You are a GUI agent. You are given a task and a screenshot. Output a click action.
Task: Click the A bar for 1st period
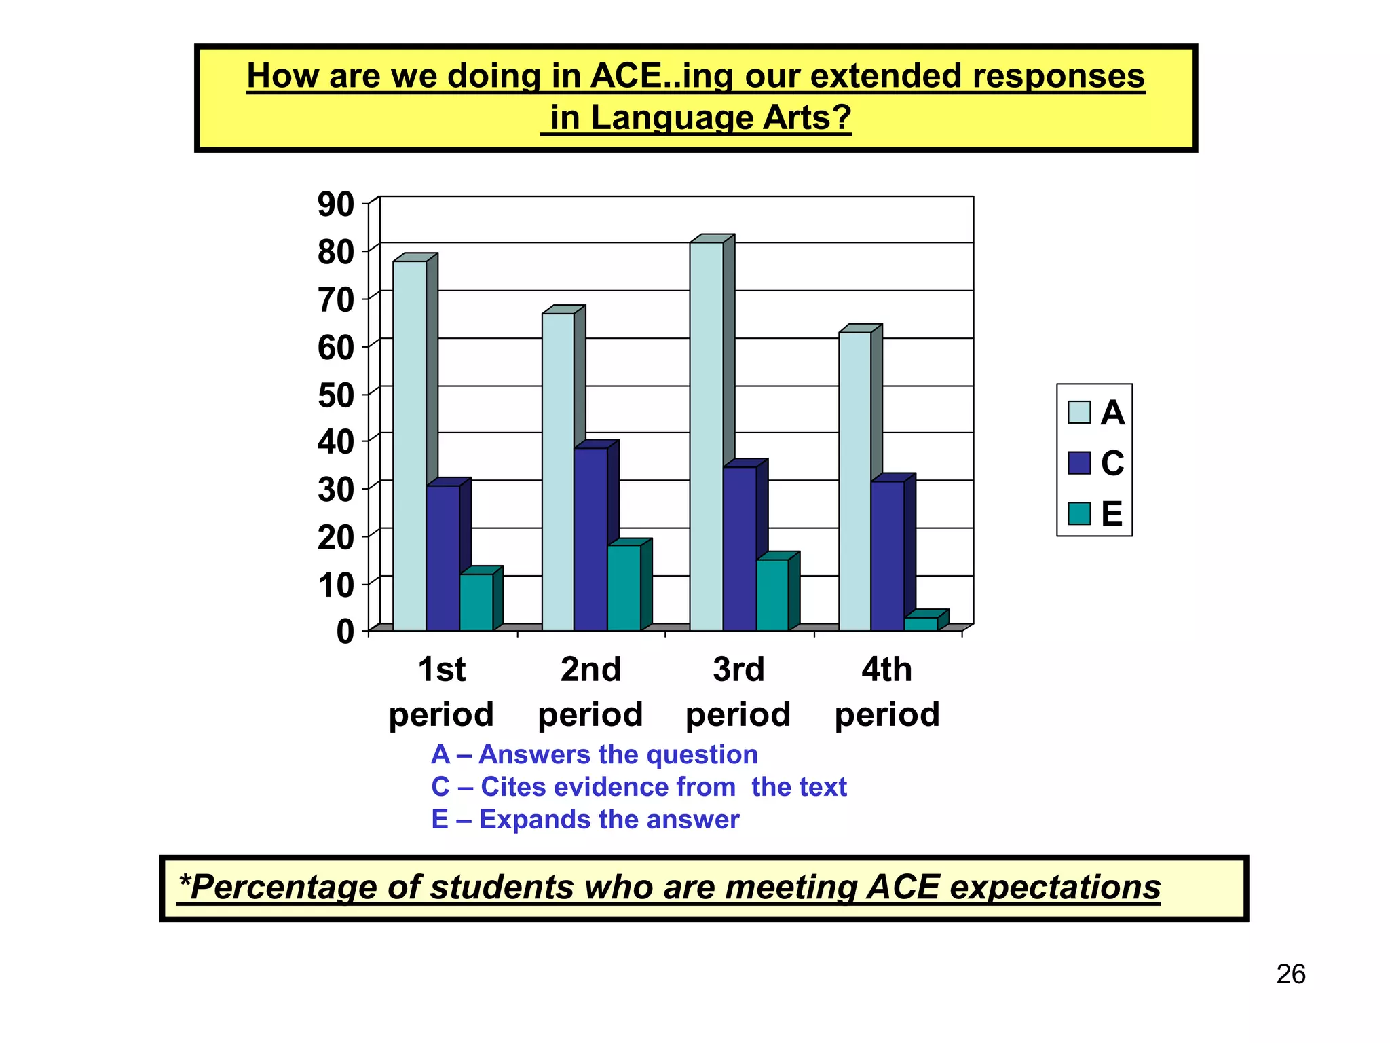[409, 445]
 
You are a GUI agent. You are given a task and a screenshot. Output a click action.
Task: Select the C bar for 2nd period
[590, 539]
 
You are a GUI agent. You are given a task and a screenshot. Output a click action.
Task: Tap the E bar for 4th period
[920, 623]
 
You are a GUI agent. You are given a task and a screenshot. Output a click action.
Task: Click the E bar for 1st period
[476, 602]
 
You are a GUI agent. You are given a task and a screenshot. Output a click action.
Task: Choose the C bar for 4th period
[887, 555]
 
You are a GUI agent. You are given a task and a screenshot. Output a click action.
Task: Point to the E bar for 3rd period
[772, 595]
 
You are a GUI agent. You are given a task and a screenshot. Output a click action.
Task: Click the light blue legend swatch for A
[1078, 412]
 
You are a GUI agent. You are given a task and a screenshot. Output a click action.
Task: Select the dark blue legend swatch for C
[1078, 463]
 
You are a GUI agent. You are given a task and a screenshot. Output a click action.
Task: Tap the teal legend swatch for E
[1078, 514]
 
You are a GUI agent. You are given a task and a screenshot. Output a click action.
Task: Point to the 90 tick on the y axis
[335, 204]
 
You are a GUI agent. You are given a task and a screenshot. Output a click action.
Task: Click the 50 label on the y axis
[335, 395]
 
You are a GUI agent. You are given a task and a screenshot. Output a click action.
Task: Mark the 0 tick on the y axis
[345, 632]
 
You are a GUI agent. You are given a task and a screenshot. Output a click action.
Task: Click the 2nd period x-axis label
[590, 691]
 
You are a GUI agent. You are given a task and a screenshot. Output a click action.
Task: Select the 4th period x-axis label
[886, 691]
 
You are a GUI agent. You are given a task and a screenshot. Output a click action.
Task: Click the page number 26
[1290, 974]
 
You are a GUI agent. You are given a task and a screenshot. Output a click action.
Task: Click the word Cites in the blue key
[523, 787]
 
